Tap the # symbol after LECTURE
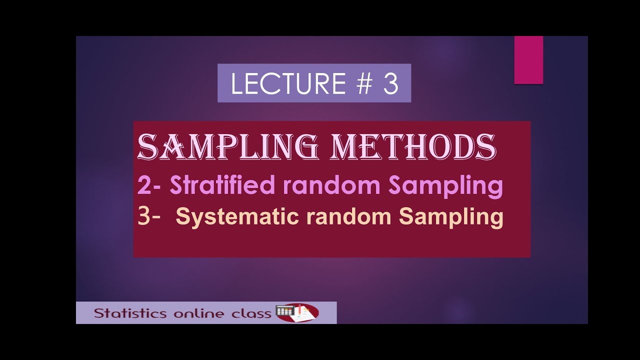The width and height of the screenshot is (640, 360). click(x=365, y=83)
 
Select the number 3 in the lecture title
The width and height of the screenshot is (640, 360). click(x=391, y=83)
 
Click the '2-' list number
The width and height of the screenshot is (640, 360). click(x=150, y=186)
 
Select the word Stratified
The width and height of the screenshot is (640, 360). click(x=222, y=185)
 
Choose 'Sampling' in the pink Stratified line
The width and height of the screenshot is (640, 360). click(x=445, y=186)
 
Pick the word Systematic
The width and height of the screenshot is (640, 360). click(x=231, y=217)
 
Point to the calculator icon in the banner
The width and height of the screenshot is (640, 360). click(x=284, y=311)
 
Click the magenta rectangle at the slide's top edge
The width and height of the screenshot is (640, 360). click(x=528, y=60)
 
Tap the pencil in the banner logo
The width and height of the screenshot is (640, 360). click(x=299, y=310)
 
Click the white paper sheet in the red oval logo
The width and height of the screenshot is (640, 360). click(x=306, y=314)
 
